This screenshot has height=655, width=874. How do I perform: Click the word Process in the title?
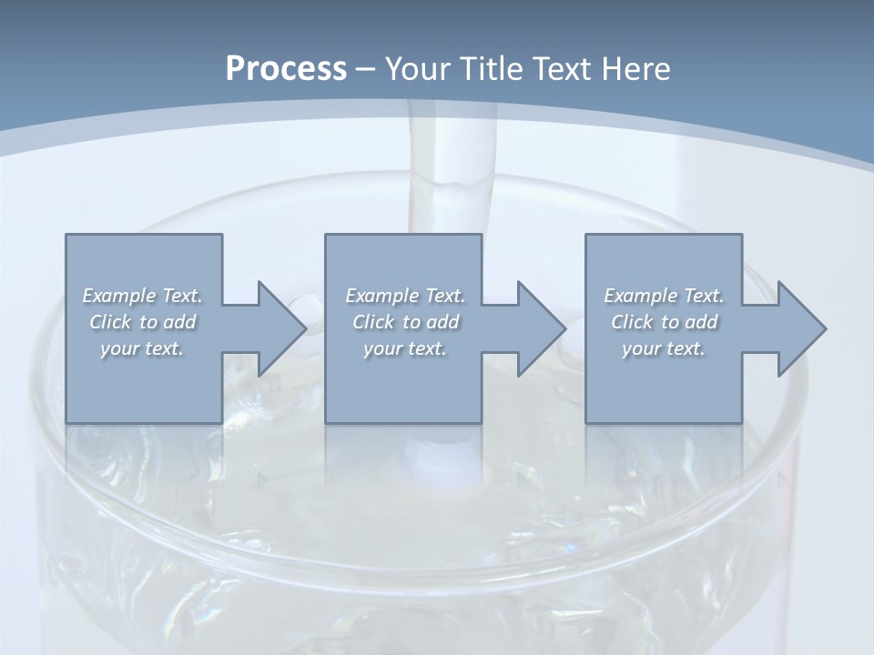pyautogui.click(x=286, y=69)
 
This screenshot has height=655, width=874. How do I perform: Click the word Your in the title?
pyautogui.click(x=418, y=69)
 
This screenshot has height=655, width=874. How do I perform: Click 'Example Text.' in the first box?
pyautogui.click(x=142, y=296)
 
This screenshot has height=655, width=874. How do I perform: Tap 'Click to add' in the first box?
pyautogui.click(x=142, y=322)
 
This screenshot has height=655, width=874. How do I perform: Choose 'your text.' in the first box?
pyautogui.click(x=142, y=348)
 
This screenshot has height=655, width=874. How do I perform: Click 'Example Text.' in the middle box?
pyautogui.click(x=404, y=296)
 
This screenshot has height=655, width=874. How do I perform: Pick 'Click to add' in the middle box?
pyautogui.click(x=404, y=322)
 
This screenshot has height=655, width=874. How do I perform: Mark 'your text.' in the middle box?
pyautogui.click(x=404, y=348)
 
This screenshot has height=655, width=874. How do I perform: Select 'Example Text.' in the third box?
pyautogui.click(x=664, y=296)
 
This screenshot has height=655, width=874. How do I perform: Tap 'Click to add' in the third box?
pyautogui.click(x=664, y=322)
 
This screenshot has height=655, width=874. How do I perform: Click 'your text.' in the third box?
pyautogui.click(x=664, y=348)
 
